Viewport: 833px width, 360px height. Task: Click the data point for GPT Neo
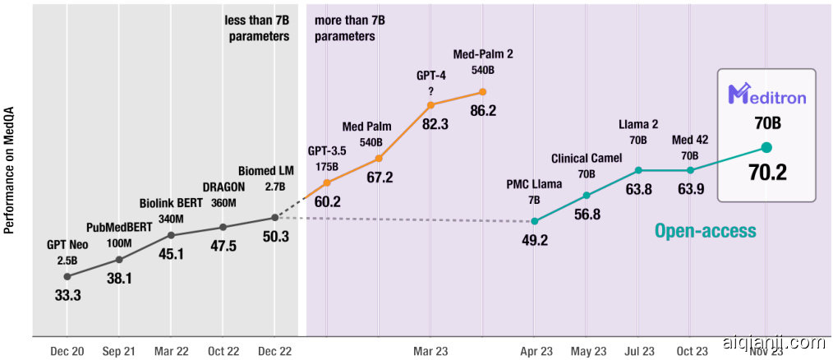tap(67, 276)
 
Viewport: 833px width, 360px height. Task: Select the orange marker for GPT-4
tap(430, 105)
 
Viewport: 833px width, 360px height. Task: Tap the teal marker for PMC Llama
tap(535, 221)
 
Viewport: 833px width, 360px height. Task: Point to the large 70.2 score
tap(767, 172)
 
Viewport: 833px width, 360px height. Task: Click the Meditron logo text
tap(767, 96)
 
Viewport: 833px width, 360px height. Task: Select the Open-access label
tap(705, 231)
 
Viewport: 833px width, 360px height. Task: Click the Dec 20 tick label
tap(67, 351)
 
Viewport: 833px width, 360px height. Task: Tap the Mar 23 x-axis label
tap(430, 351)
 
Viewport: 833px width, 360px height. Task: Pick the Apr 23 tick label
tap(535, 351)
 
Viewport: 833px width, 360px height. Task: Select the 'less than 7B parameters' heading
tap(256, 29)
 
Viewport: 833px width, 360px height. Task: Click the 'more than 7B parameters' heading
tap(344, 29)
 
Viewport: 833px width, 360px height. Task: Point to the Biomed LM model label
tap(265, 171)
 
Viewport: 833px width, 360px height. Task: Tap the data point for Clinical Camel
tap(587, 196)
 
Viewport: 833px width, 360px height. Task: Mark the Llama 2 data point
tap(638, 170)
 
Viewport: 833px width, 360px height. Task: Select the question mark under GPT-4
tap(430, 89)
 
